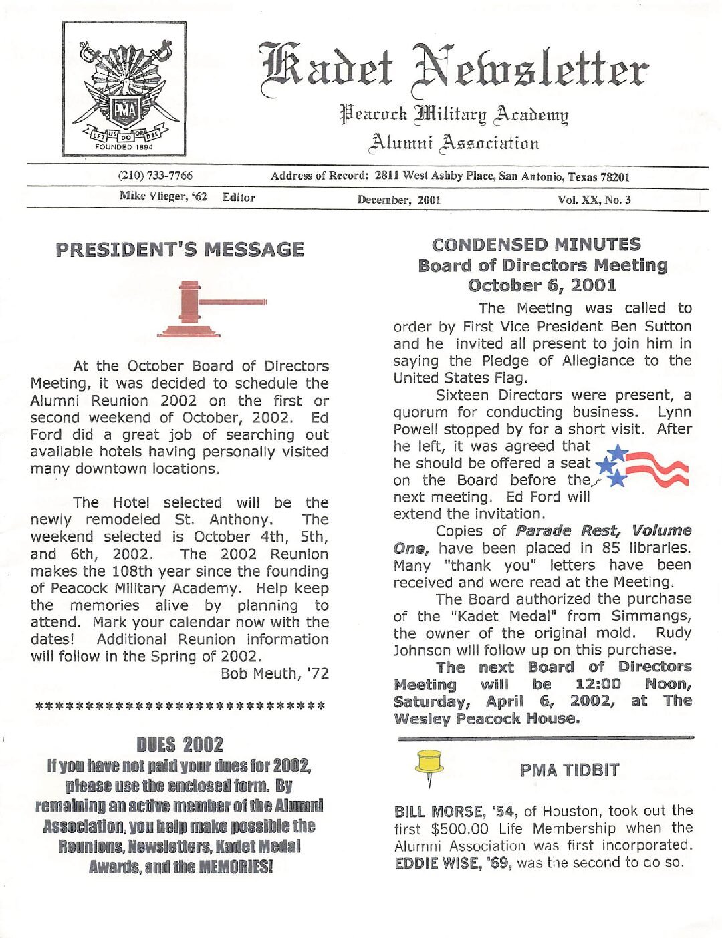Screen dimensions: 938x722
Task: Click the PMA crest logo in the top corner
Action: click(124, 89)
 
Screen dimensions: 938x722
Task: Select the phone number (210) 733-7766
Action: click(155, 176)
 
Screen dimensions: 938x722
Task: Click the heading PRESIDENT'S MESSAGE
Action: click(180, 250)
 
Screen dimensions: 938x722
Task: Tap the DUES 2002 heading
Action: click(180, 744)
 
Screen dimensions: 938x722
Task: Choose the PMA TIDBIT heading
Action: click(570, 770)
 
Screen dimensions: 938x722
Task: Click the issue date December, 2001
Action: click(399, 200)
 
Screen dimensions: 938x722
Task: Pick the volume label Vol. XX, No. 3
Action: click(594, 200)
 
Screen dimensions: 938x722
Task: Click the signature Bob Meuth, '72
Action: click(275, 673)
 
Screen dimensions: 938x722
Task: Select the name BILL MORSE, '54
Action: click(455, 812)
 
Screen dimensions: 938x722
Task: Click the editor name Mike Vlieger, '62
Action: click(163, 196)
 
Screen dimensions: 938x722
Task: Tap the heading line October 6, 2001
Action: click(542, 286)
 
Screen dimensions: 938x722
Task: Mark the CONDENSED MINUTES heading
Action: click(536, 245)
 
